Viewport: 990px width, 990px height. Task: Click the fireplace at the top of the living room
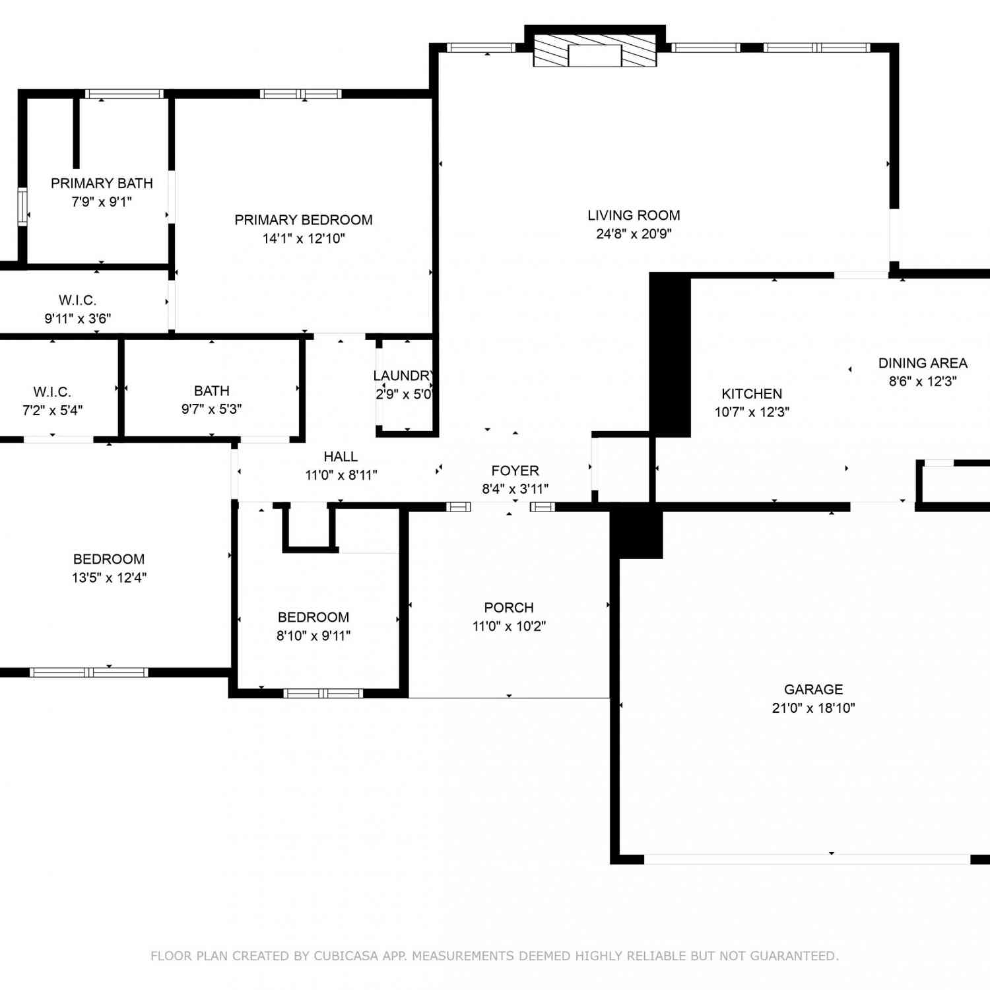click(595, 51)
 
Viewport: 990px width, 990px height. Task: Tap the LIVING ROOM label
click(634, 215)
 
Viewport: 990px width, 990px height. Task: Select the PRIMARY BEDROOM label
click(304, 220)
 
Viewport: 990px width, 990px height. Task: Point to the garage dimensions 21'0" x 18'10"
click(813, 708)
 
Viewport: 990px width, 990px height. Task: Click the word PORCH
click(509, 607)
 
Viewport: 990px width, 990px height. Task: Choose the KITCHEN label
click(752, 394)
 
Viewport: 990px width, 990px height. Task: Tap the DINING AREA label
click(923, 363)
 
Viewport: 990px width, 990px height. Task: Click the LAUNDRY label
click(403, 376)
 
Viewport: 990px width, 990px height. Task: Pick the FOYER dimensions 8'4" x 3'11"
click(515, 489)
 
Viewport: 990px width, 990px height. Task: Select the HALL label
click(341, 457)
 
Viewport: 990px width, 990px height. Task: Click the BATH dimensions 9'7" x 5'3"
click(211, 409)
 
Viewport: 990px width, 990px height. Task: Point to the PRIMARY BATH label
click(102, 183)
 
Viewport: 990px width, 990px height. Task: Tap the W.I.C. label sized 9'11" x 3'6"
click(77, 300)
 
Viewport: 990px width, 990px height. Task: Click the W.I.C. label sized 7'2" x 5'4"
click(52, 392)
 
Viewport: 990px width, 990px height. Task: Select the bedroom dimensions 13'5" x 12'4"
click(109, 577)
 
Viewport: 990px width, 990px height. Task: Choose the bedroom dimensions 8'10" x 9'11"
click(313, 636)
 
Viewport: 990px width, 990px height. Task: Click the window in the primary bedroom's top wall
click(300, 94)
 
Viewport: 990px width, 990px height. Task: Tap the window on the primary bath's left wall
click(22, 207)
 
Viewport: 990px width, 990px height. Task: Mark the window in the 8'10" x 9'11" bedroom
click(323, 693)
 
